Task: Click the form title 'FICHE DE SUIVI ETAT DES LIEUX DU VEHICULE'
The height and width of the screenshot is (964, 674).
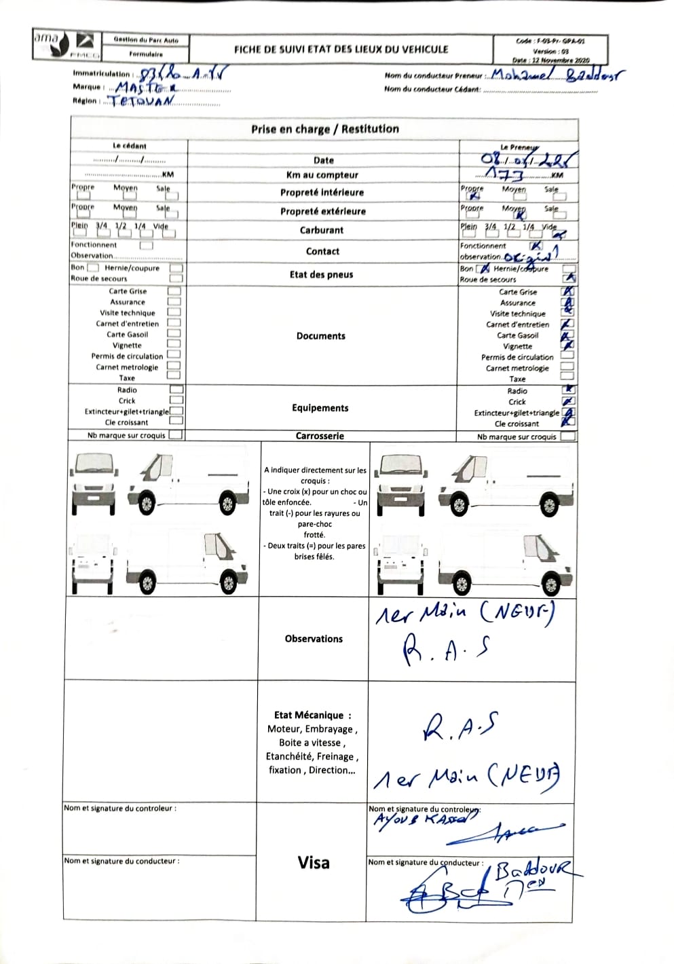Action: click(341, 50)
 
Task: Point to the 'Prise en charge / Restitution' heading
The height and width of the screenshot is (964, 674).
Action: click(324, 129)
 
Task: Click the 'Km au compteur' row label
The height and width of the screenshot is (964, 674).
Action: click(322, 175)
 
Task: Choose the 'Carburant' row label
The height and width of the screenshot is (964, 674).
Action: click(322, 230)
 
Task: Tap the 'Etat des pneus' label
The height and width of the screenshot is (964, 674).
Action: click(321, 274)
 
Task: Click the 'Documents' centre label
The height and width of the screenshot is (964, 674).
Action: click(320, 336)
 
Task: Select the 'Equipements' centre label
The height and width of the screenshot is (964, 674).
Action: click(320, 408)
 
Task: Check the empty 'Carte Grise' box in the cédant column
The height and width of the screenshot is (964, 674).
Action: click(174, 291)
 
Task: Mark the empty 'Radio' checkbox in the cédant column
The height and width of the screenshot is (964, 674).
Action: click(176, 390)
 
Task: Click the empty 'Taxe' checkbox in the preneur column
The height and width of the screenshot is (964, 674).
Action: click(567, 378)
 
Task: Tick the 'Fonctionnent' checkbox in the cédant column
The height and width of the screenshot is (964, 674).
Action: click(146, 245)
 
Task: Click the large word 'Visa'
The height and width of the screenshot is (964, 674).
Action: click(313, 863)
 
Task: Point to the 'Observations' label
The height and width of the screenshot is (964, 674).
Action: click(314, 639)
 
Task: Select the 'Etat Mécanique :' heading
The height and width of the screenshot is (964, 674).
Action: click(312, 715)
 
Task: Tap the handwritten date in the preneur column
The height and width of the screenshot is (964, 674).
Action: click(528, 160)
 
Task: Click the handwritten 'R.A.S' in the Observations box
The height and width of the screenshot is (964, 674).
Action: click(446, 650)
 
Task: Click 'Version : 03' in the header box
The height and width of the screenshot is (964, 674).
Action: click(550, 51)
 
